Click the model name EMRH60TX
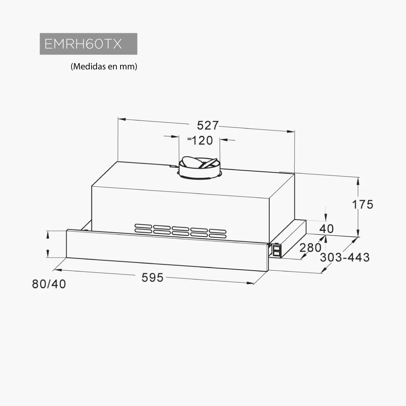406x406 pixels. (83, 44)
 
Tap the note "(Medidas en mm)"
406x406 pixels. (104, 67)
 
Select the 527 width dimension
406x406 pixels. (208, 125)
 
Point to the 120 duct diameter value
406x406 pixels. (202, 141)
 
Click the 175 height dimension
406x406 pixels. (362, 204)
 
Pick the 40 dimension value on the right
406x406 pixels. (327, 229)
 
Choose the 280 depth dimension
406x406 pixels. (310, 248)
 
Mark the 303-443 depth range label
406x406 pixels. (345, 258)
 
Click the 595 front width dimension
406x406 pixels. (152, 278)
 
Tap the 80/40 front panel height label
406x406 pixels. (49, 284)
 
